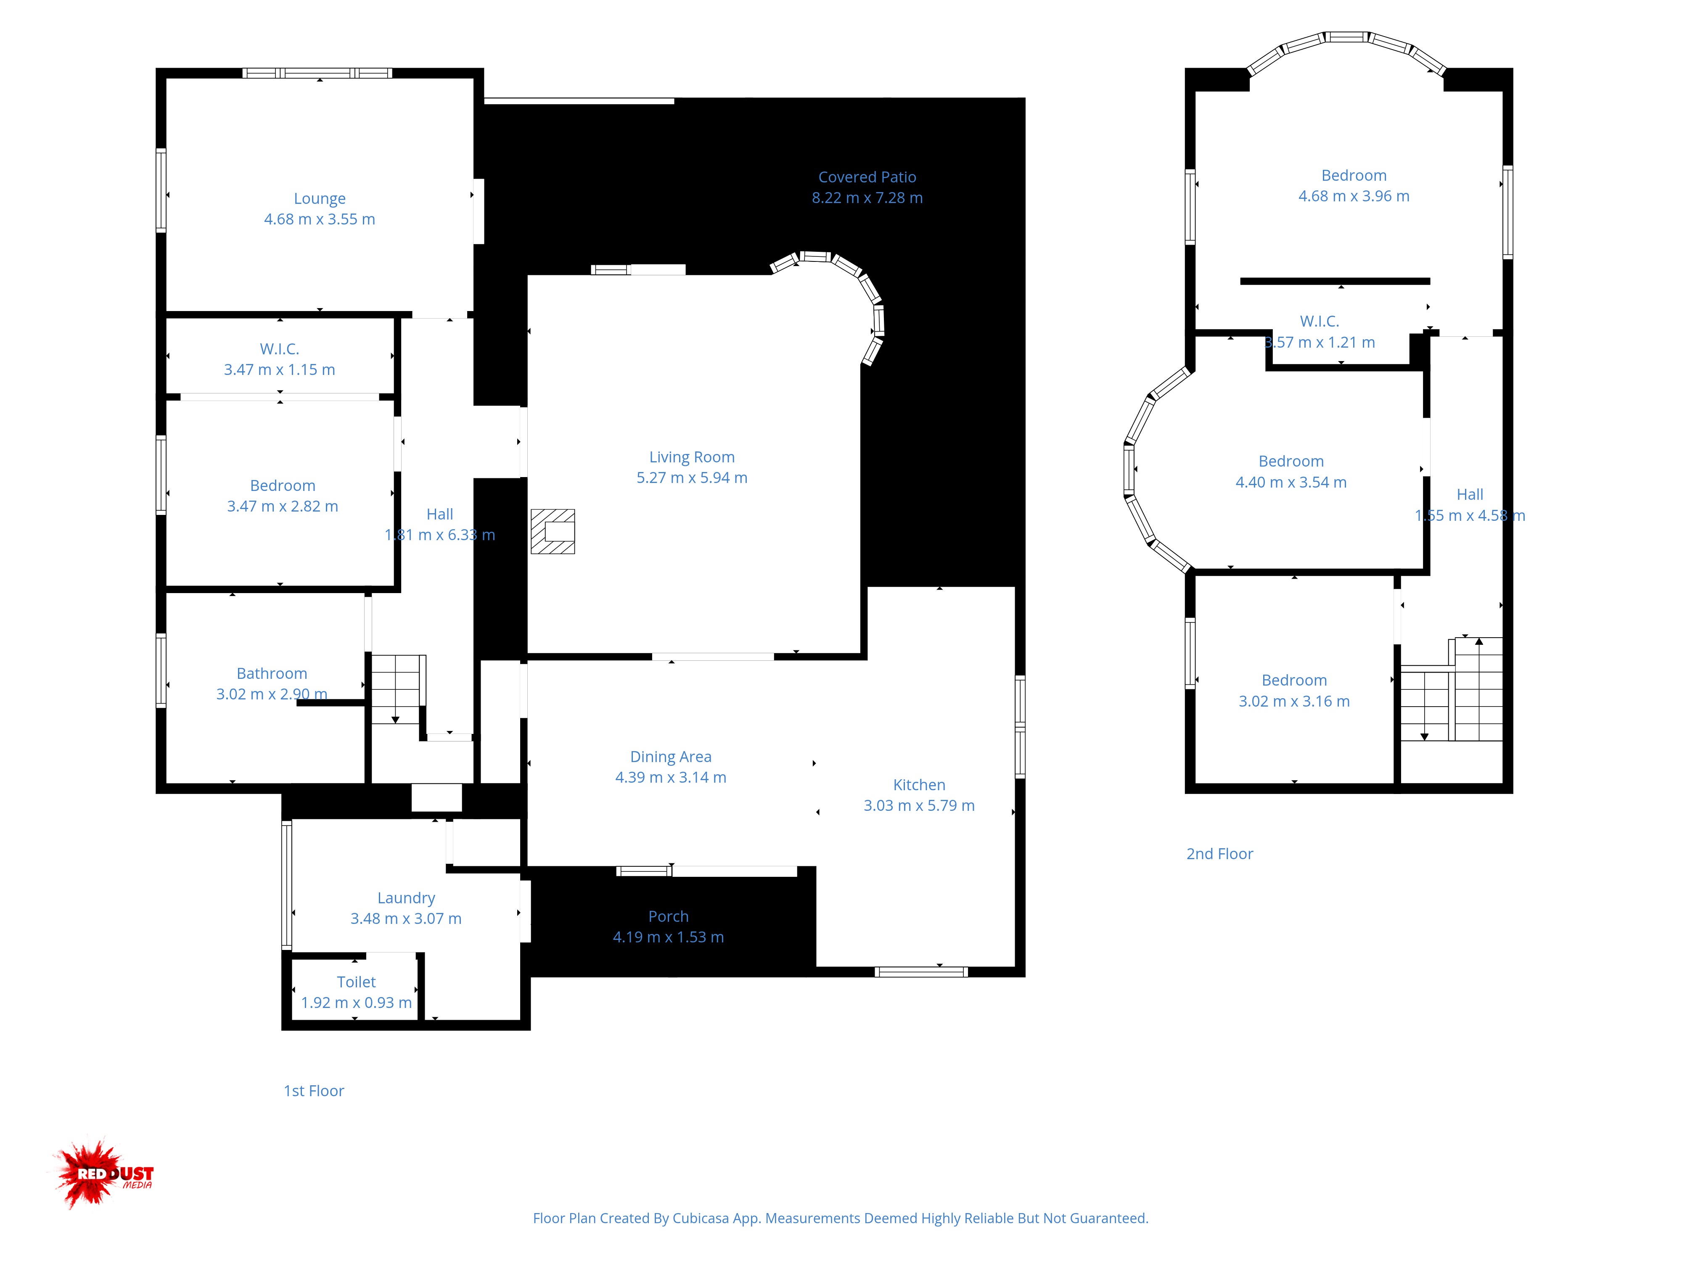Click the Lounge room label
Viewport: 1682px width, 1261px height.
pos(319,198)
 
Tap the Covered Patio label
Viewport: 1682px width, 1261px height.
pos(867,177)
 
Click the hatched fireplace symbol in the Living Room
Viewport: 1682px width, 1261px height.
pos(553,531)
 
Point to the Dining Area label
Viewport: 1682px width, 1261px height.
pos(671,757)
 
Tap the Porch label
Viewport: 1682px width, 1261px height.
pos(669,917)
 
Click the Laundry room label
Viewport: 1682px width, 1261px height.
pos(406,898)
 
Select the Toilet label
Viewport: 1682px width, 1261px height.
pos(357,982)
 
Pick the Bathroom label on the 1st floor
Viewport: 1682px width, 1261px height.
pos(272,673)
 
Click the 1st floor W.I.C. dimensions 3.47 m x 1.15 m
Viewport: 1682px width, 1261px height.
pos(279,369)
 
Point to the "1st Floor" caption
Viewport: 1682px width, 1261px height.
pos(314,1091)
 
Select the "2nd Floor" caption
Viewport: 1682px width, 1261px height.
pos(1220,854)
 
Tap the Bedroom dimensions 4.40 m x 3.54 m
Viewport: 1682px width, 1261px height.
pos(1291,482)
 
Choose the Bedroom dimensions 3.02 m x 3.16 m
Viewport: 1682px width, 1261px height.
pos(1294,701)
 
